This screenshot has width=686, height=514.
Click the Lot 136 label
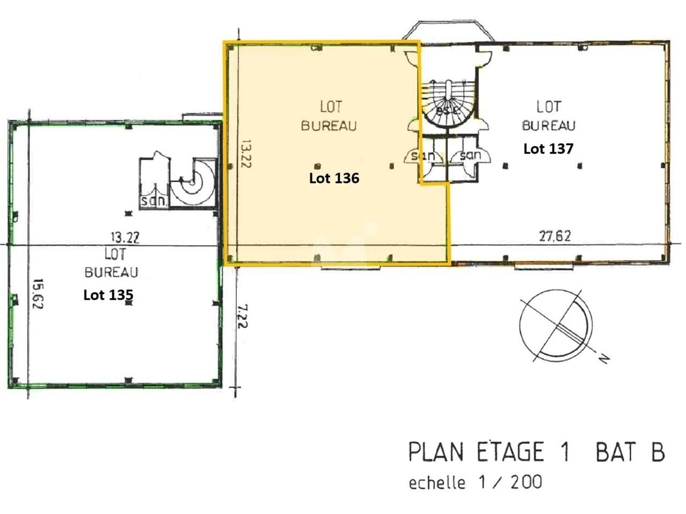(334, 178)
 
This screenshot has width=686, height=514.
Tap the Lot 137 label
(548, 148)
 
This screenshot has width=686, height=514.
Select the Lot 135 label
(108, 295)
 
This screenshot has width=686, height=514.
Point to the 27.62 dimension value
(555, 236)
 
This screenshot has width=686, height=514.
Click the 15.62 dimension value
(38, 293)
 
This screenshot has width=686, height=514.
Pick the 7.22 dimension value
(242, 316)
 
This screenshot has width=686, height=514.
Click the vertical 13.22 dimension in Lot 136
(246, 154)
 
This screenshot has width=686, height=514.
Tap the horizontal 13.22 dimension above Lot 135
(125, 238)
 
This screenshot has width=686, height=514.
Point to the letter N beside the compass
(604, 359)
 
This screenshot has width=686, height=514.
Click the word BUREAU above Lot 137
(548, 126)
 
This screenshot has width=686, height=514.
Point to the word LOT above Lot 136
(331, 107)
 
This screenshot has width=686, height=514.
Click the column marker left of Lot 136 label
(318, 166)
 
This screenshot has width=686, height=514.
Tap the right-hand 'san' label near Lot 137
(471, 155)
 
